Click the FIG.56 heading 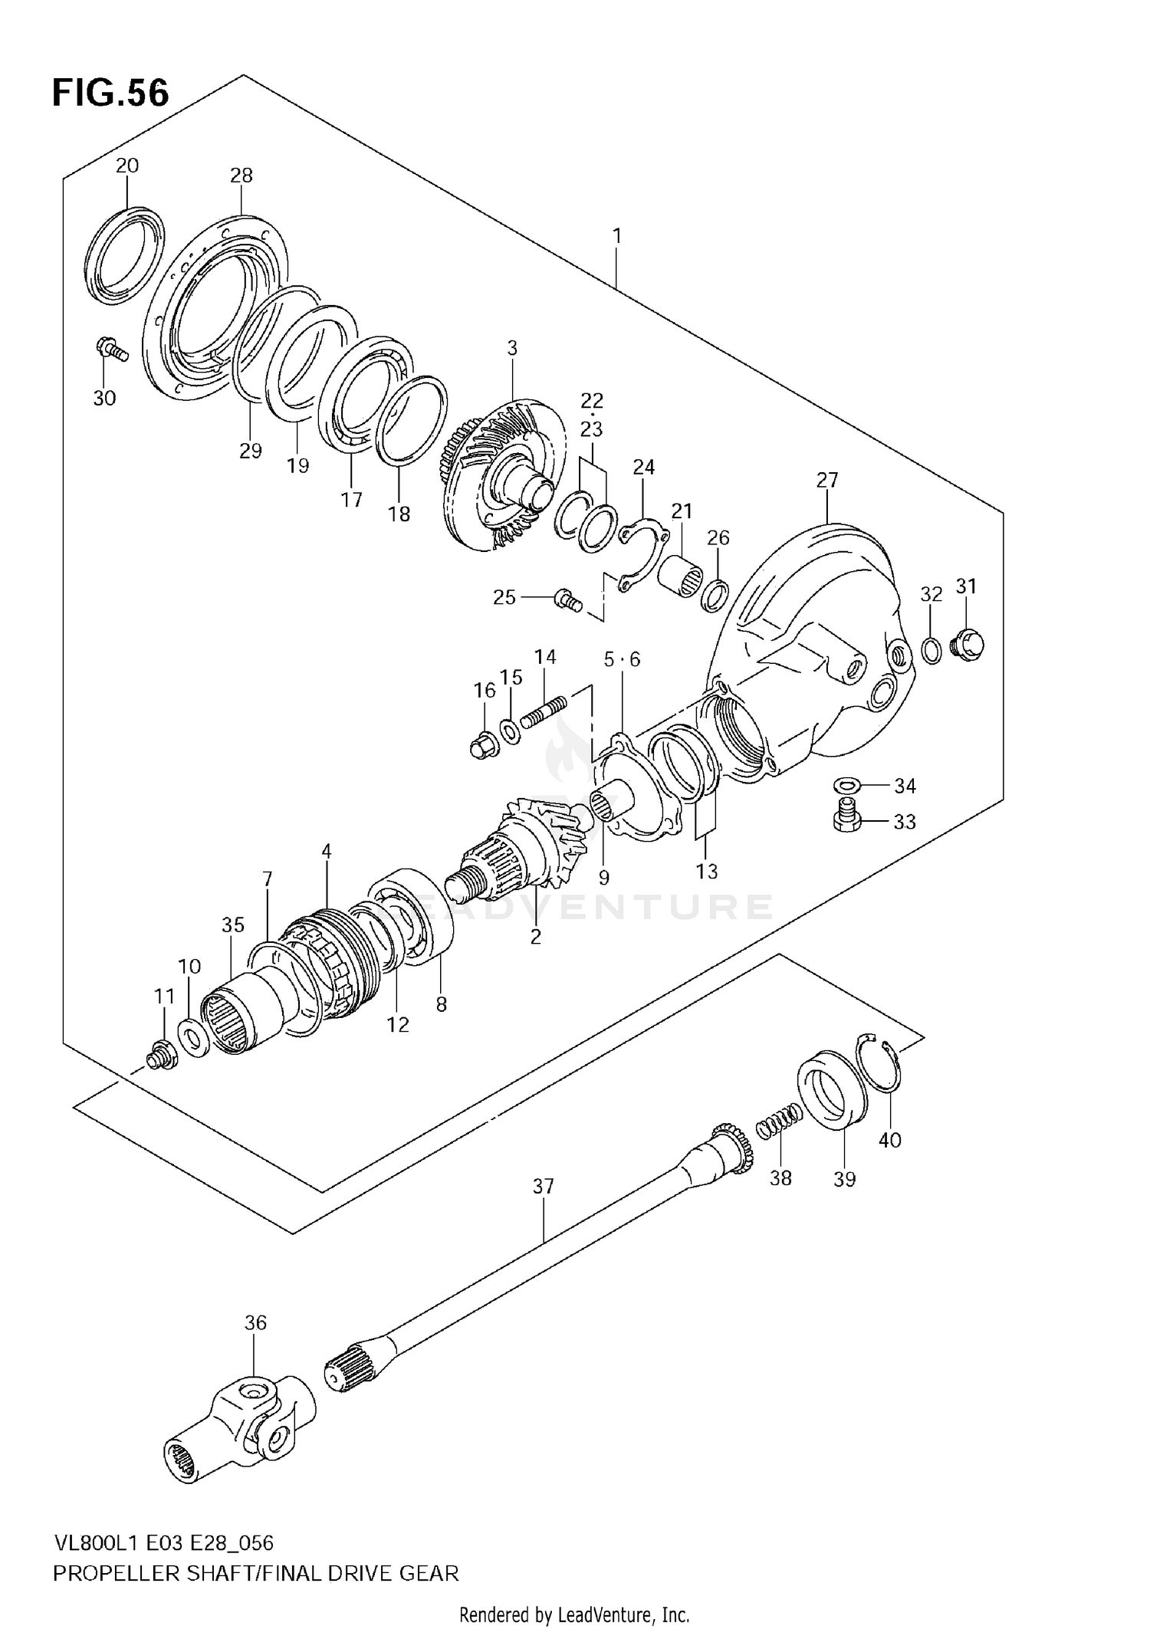110,94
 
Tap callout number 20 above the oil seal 127,165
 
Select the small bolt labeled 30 110,350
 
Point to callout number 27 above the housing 827,481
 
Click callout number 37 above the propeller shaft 543,1187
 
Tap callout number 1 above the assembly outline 616,236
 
